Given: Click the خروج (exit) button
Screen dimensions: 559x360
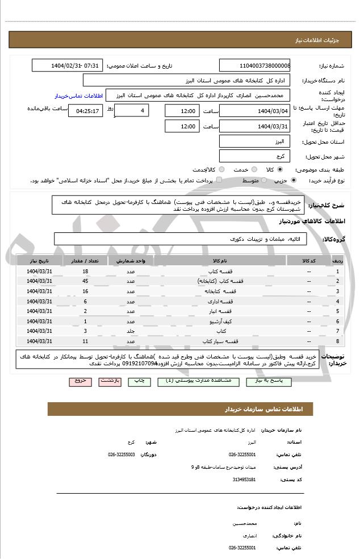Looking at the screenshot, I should [80, 382].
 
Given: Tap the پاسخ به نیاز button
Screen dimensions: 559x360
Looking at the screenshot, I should [274, 382].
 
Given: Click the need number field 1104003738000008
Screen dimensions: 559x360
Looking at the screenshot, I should [254, 65].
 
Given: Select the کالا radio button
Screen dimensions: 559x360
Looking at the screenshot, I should [279, 169].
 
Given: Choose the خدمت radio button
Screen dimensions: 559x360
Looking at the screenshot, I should [253, 169].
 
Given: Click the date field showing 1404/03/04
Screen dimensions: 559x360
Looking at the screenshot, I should [254, 111].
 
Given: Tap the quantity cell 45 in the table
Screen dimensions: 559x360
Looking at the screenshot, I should [85, 281].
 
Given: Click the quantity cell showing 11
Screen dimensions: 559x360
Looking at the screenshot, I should [85, 341].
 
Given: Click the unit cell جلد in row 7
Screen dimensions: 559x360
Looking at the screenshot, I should [130, 331].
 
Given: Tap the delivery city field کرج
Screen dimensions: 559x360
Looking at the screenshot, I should [254, 156].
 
